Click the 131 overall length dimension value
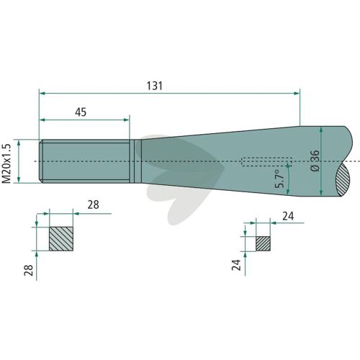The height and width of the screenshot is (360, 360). (x=155, y=86)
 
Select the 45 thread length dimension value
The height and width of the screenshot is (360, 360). (x=81, y=112)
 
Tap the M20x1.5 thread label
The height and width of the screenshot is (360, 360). (x=6, y=163)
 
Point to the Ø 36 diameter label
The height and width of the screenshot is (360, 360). (x=315, y=161)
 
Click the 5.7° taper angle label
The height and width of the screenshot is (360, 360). (x=280, y=179)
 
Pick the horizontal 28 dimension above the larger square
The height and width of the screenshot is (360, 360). (x=93, y=205)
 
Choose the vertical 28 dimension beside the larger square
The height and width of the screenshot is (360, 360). (x=29, y=270)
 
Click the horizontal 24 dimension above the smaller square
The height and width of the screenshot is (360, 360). (x=288, y=217)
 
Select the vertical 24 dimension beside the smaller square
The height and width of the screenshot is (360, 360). (x=236, y=265)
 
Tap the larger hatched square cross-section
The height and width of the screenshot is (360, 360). (x=61, y=239)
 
